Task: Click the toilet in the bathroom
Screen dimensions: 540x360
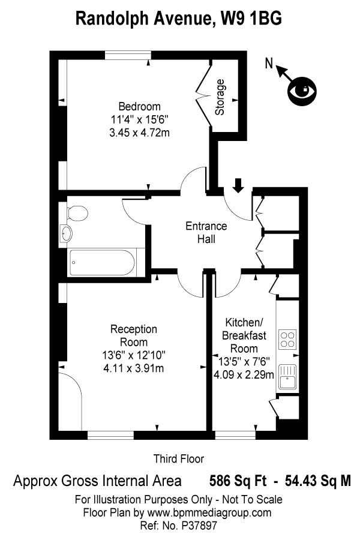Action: click(x=77, y=212)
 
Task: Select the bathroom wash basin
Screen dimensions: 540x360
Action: click(x=65, y=233)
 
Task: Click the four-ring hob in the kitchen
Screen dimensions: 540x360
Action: click(x=287, y=339)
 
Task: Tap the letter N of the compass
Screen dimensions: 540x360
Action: click(x=269, y=62)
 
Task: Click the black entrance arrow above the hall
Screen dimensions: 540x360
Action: click(x=238, y=185)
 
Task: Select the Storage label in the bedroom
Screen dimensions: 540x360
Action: click(x=220, y=97)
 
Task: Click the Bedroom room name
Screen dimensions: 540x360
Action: click(x=139, y=107)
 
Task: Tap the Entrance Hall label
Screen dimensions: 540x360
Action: click(x=206, y=233)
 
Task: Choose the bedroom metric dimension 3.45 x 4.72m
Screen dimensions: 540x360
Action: click(x=139, y=133)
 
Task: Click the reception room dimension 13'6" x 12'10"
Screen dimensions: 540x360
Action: click(x=133, y=355)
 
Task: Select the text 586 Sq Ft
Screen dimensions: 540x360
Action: click(x=235, y=480)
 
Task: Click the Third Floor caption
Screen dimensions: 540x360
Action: click(x=179, y=458)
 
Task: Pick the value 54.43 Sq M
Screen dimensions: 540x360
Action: click(x=314, y=480)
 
